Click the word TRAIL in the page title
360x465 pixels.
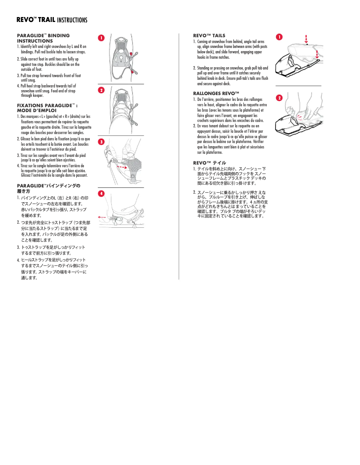pyautogui.click(x=47, y=20)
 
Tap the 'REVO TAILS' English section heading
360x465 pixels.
pyautogui.click(x=209, y=35)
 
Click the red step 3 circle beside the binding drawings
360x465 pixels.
pyautogui.click(x=101, y=142)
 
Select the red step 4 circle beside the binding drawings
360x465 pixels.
pyautogui.click(x=101, y=193)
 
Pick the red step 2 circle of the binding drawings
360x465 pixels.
pyautogui.click(x=101, y=90)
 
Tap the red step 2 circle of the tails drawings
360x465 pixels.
pyautogui.click(x=279, y=97)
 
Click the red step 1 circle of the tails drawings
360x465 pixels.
pyautogui.click(x=279, y=36)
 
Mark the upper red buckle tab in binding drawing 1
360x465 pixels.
pyautogui.click(x=131, y=54)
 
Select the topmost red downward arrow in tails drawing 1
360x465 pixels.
pyautogui.click(x=306, y=38)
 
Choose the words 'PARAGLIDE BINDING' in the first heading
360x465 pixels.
pyautogui.click(x=43, y=35)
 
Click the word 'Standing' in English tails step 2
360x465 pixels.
pyautogui.click(x=204, y=68)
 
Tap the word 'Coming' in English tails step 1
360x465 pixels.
pyautogui.click(x=203, y=42)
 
